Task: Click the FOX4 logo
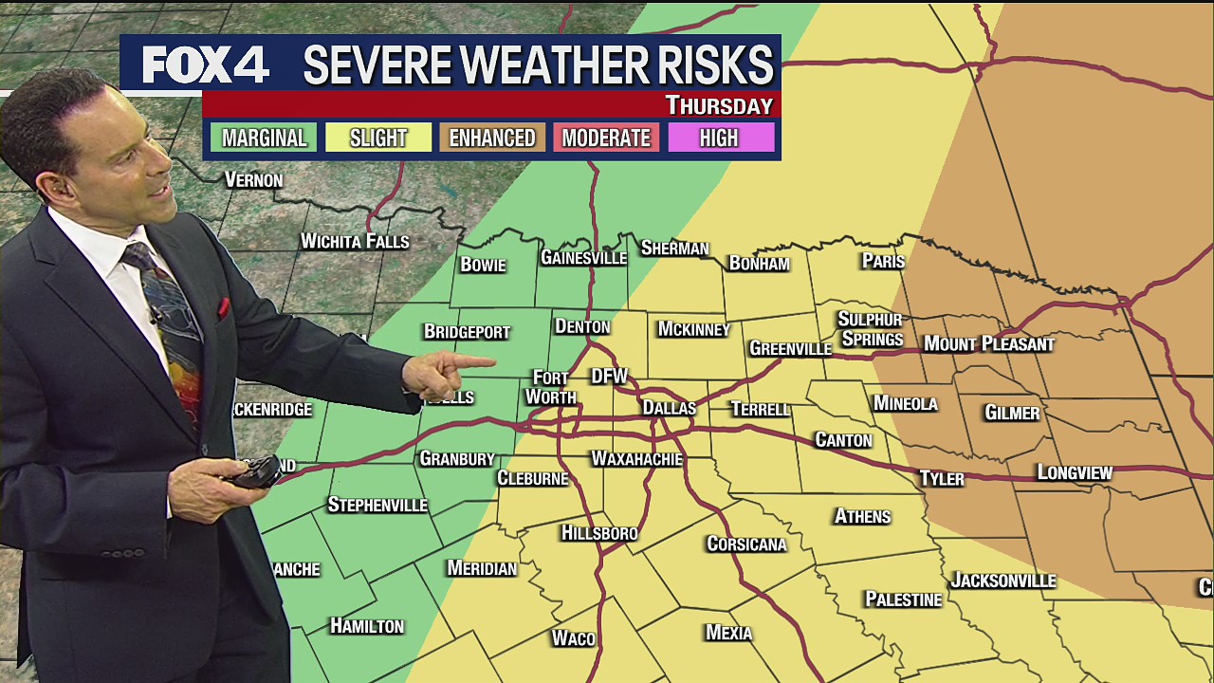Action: [206, 65]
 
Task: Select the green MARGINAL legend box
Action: [264, 138]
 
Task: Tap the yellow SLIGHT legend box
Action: [377, 138]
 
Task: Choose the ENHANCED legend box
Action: [491, 138]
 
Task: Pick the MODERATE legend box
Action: [605, 138]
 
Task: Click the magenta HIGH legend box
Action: [719, 138]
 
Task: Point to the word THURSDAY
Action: [718, 105]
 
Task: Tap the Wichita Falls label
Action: [354, 241]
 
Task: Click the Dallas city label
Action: [669, 408]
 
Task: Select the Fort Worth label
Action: [550, 387]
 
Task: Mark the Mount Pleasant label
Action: [988, 343]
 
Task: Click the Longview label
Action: [1074, 472]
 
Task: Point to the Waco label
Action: [573, 638]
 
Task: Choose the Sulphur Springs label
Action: [870, 329]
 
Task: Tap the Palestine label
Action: [903, 600]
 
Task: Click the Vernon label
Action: [253, 179]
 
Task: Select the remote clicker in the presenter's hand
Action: [257, 471]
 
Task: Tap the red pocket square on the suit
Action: [224, 307]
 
